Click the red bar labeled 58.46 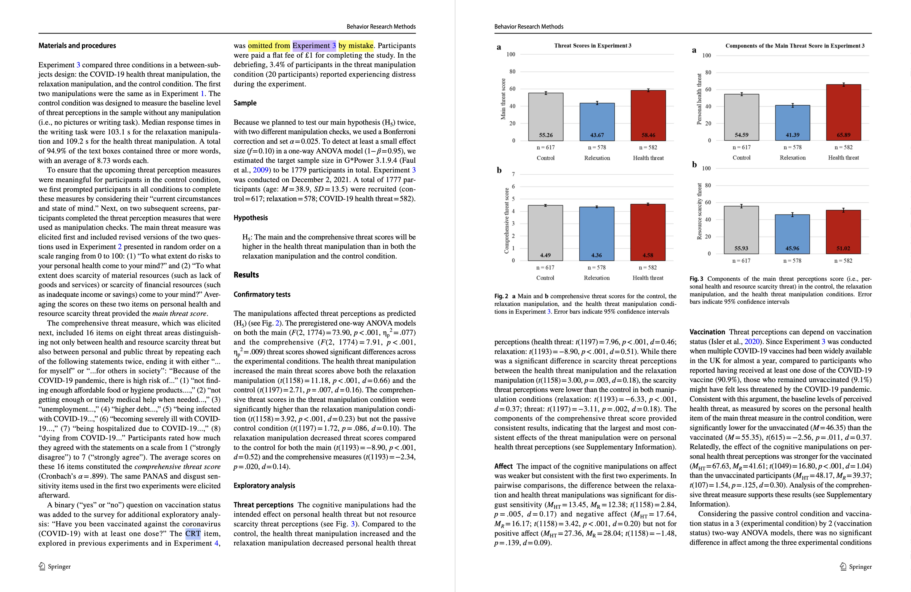click(x=648, y=116)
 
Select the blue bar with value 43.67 click(x=597, y=122)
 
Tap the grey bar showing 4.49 click(x=545, y=233)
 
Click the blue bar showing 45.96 click(x=792, y=234)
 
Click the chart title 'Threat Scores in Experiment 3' click(x=593, y=46)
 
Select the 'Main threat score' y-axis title click(x=503, y=99)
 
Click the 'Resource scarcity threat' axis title click(x=699, y=211)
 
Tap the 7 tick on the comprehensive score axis click(x=513, y=174)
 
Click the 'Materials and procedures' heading click(x=77, y=46)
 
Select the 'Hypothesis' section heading click(x=251, y=218)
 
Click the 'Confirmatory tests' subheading click(x=262, y=294)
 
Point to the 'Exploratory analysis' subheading click(x=264, y=486)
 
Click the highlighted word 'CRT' click(x=193, y=534)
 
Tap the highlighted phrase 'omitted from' click(x=269, y=46)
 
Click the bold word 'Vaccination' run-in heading click(x=707, y=332)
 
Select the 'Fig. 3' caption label click(x=696, y=279)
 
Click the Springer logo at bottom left click(x=42, y=566)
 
